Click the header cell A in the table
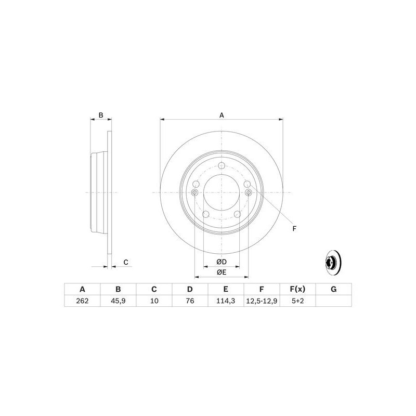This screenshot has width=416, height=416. click(x=82, y=289)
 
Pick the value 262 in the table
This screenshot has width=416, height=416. click(x=82, y=301)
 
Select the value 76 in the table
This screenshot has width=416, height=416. click(x=190, y=301)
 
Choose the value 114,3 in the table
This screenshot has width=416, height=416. click(x=226, y=301)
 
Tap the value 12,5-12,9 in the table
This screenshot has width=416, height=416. click(x=262, y=301)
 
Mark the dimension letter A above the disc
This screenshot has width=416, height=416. click(x=222, y=115)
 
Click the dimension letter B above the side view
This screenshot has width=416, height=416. click(x=101, y=115)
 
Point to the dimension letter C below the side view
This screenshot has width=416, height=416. click(x=125, y=262)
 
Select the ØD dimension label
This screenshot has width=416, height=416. click(x=221, y=261)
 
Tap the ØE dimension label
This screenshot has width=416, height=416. click(x=221, y=272)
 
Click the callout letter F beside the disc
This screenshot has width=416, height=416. click(x=294, y=229)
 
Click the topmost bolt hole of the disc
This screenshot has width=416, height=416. click(x=221, y=165)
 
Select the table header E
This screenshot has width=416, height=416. click(x=226, y=289)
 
